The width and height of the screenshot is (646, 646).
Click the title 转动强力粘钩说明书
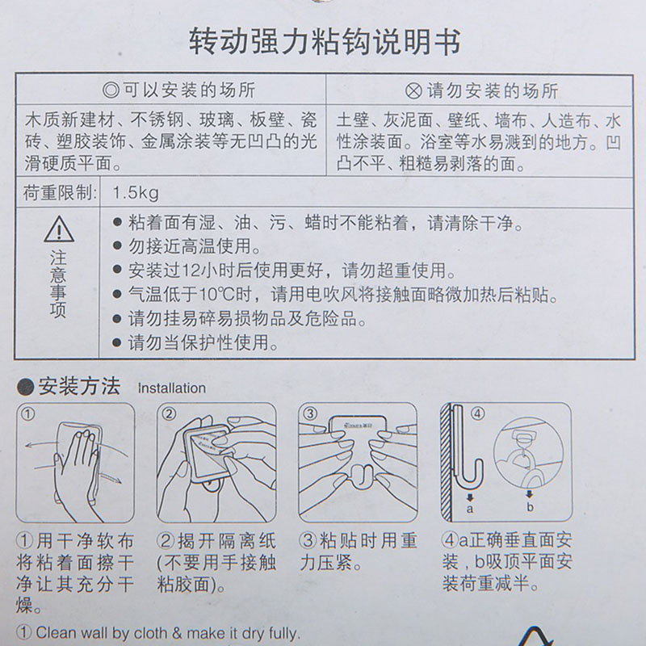tap(325, 42)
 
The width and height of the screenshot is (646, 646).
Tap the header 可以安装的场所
tap(189, 90)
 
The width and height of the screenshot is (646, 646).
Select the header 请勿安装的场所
tap(493, 90)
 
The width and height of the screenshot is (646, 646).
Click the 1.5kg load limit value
tap(136, 193)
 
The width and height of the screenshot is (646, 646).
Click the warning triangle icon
tap(59, 229)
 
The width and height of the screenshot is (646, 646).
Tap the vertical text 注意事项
tap(58, 284)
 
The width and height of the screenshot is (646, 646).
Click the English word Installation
tap(171, 388)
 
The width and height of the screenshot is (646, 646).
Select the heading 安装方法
tap(79, 387)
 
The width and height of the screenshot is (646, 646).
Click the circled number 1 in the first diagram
tap(28, 413)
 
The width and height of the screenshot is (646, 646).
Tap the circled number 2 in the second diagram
tap(169, 413)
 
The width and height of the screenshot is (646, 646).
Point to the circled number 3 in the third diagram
tap(310, 413)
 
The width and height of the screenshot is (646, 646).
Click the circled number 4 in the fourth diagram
tap(477, 413)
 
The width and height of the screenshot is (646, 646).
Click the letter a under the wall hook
tap(470, 510)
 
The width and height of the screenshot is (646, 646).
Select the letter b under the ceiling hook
tap(531, 507)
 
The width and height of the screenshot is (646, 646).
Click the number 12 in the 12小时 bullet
tap(191, 271)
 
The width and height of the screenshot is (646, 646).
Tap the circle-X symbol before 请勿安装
tap(413, 91)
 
